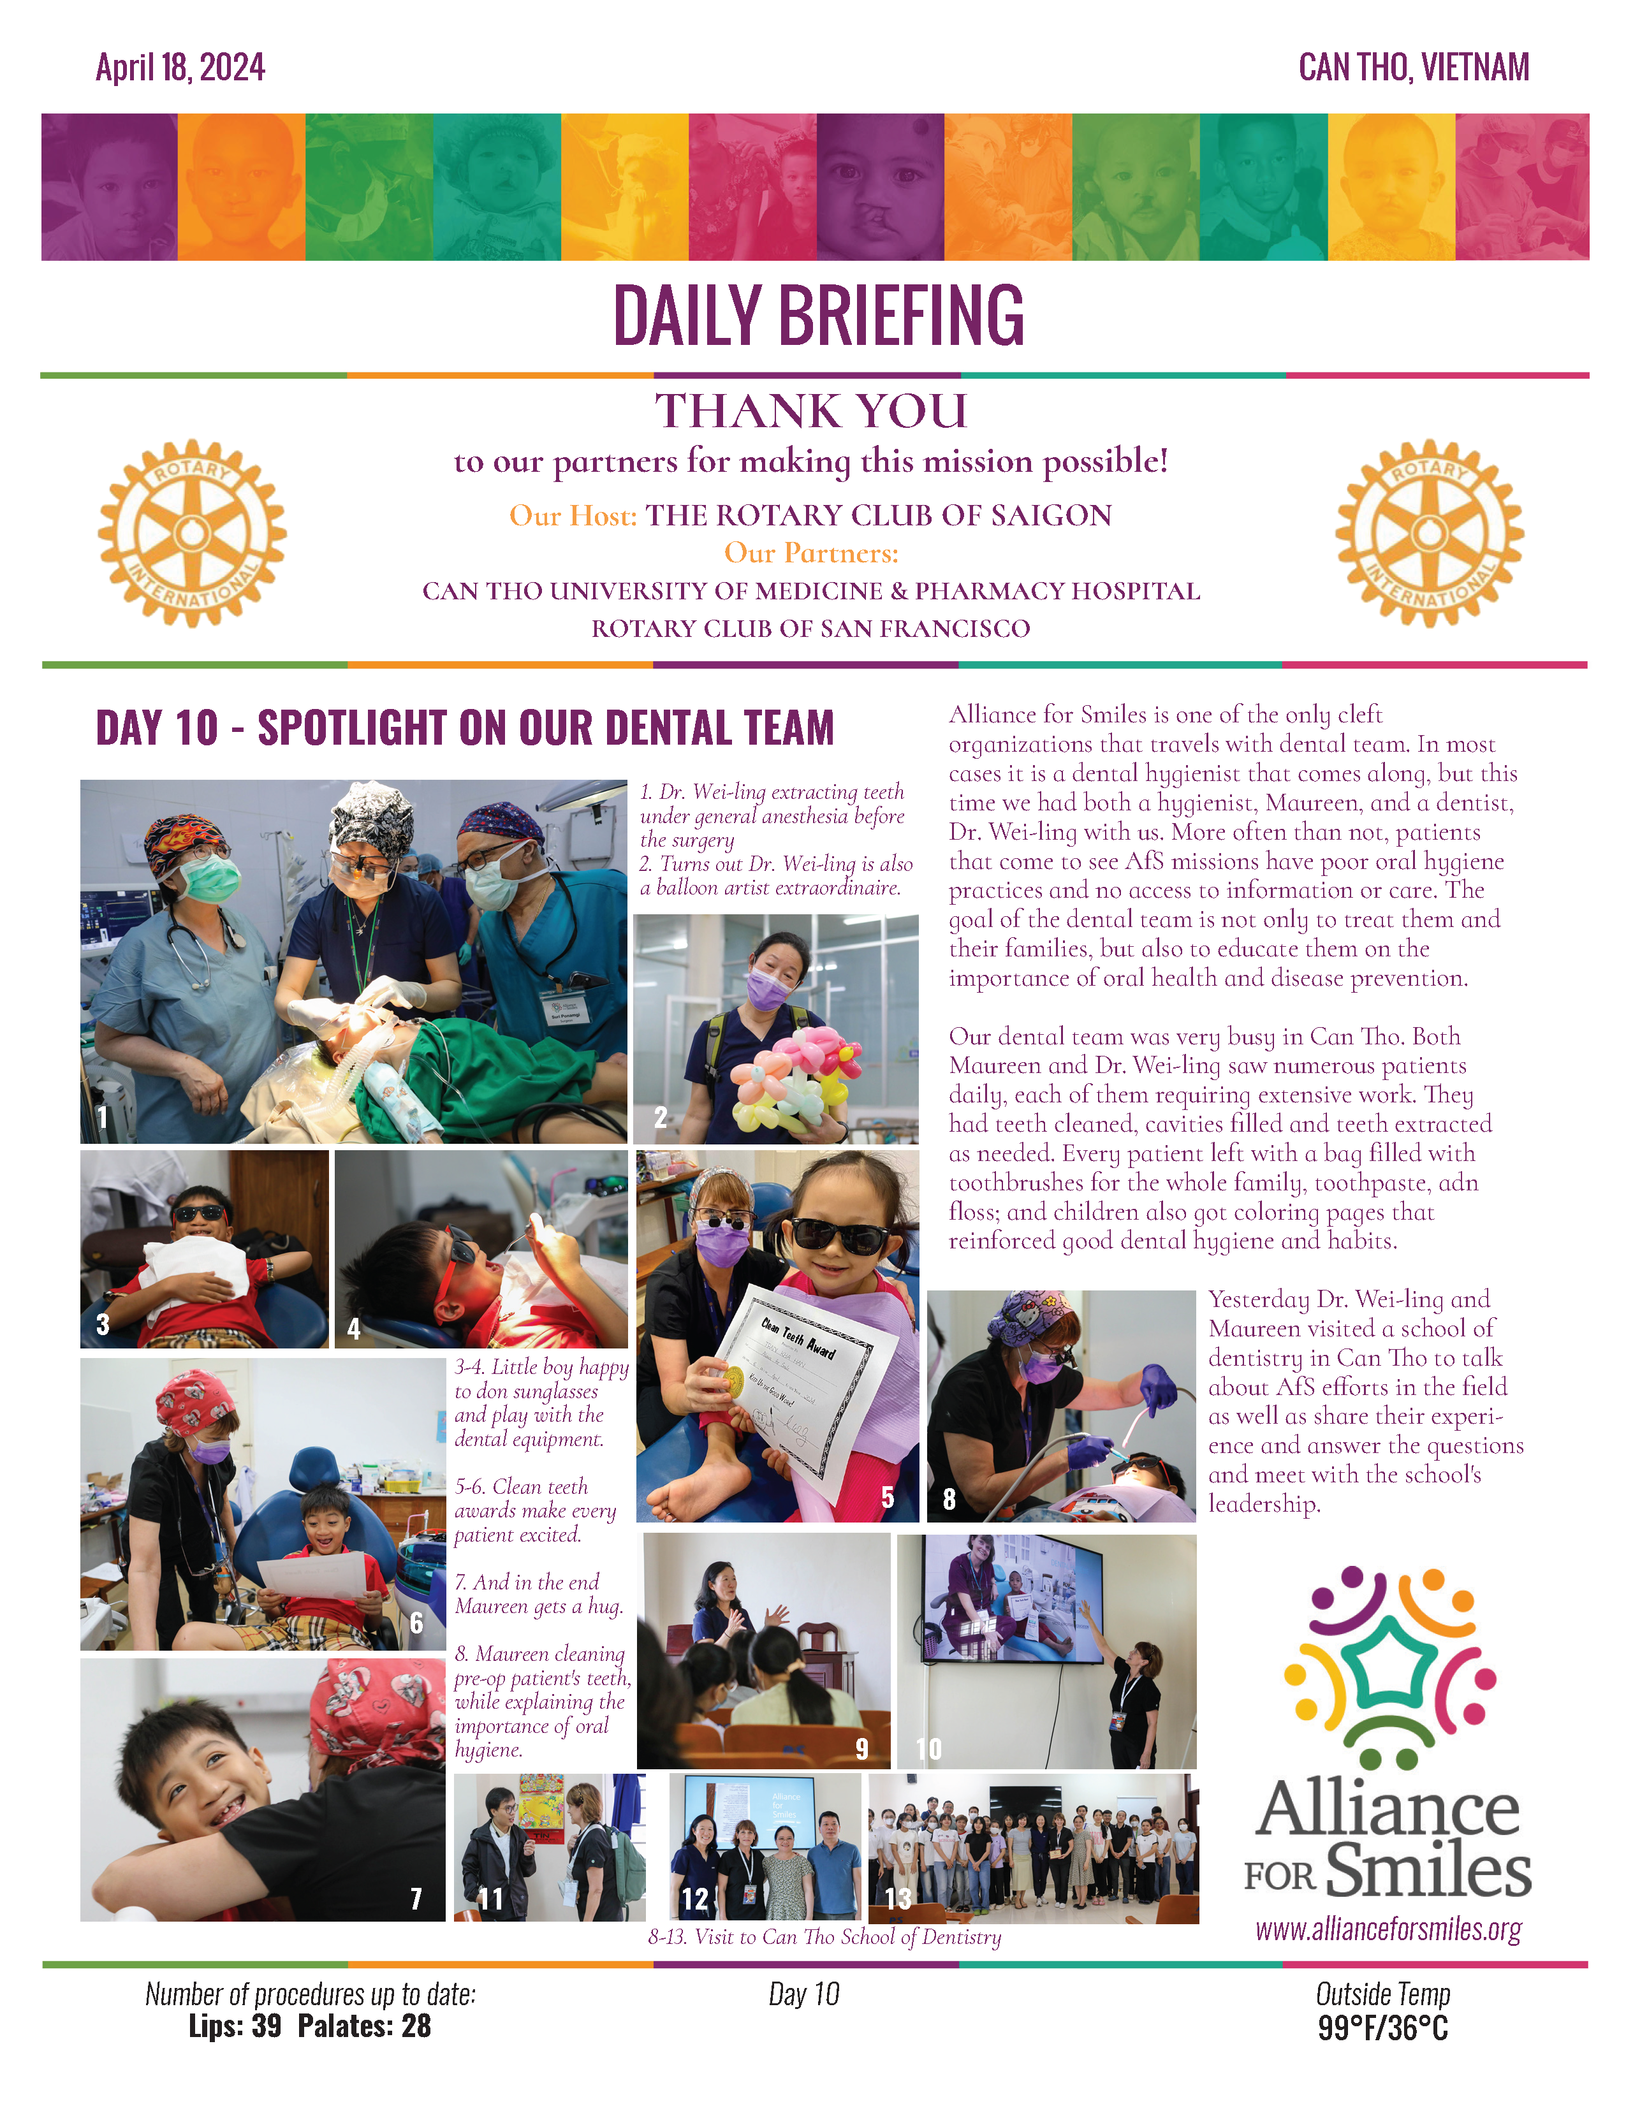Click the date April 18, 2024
[x=180, y=68]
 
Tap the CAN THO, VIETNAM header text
[x=1413, y=68]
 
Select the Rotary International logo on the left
[x=192, y=533]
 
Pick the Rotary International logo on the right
[x=1428, y=533]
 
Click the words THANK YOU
[x=811, y=411]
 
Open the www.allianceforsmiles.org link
[x=1388, y=1929]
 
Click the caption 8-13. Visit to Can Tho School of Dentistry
[x=824, y=1936]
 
